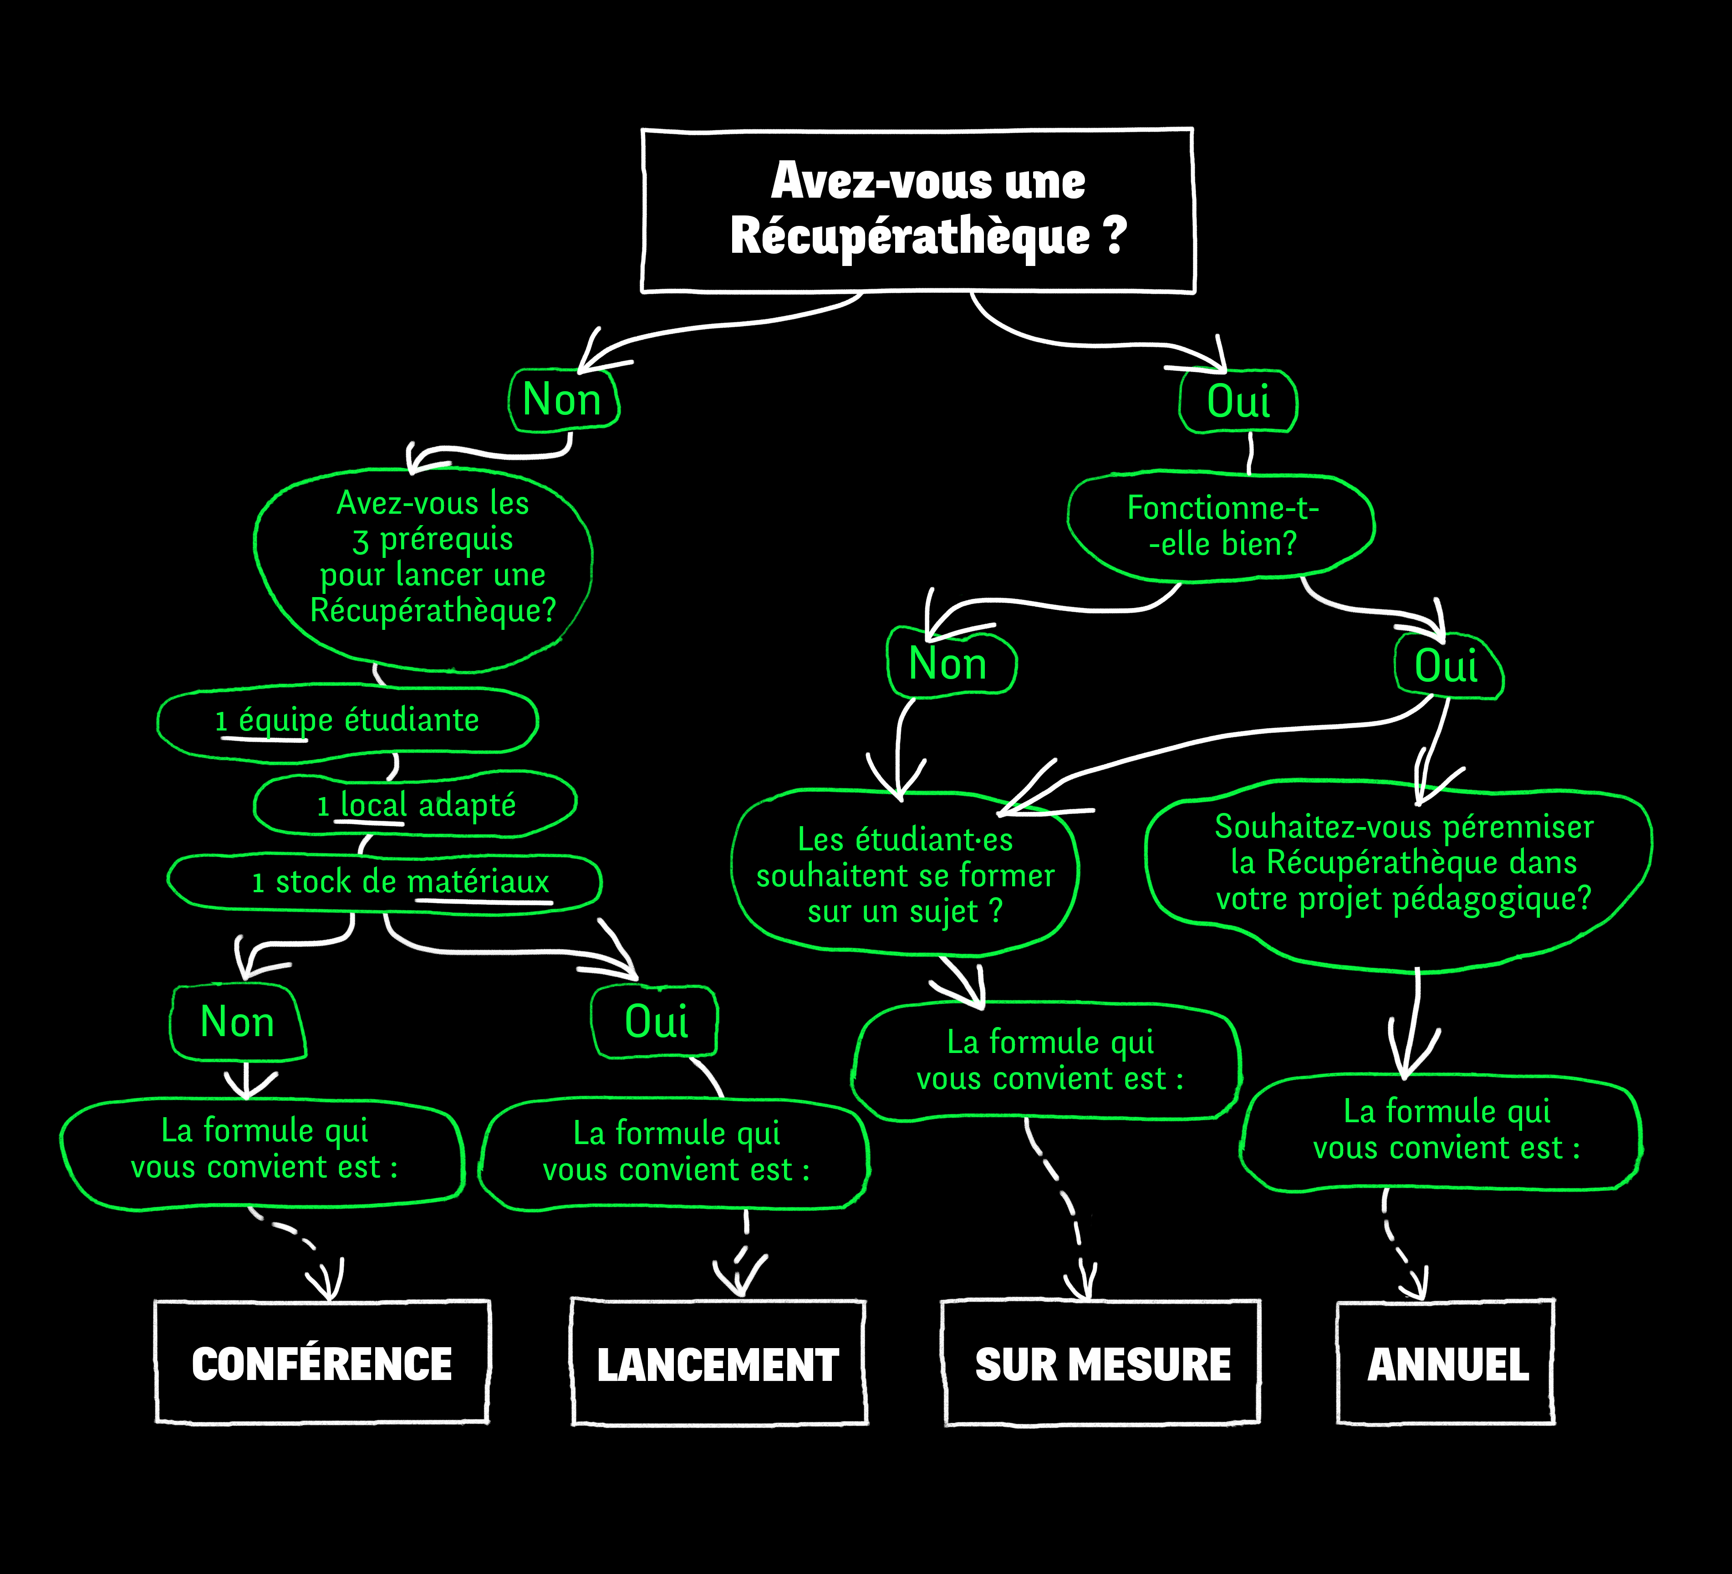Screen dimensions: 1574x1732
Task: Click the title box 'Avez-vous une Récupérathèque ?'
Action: (917, 210)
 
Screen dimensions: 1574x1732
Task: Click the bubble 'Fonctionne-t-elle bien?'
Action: (1222, 526)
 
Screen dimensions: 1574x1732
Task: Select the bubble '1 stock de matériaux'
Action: (385, 882)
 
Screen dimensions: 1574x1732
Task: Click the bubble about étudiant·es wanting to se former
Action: (905, 874)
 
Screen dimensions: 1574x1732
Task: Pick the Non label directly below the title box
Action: (563, 399)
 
